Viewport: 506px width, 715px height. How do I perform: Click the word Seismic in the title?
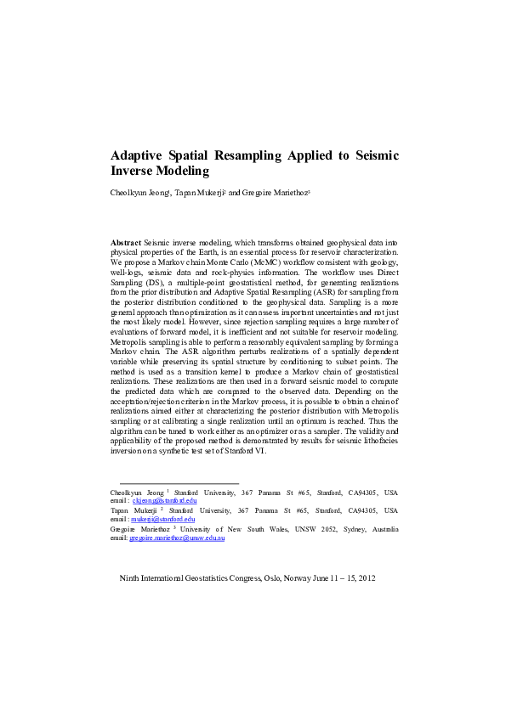(x=370, y=156)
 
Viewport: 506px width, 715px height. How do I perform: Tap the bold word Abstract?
(x=127, y=243)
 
